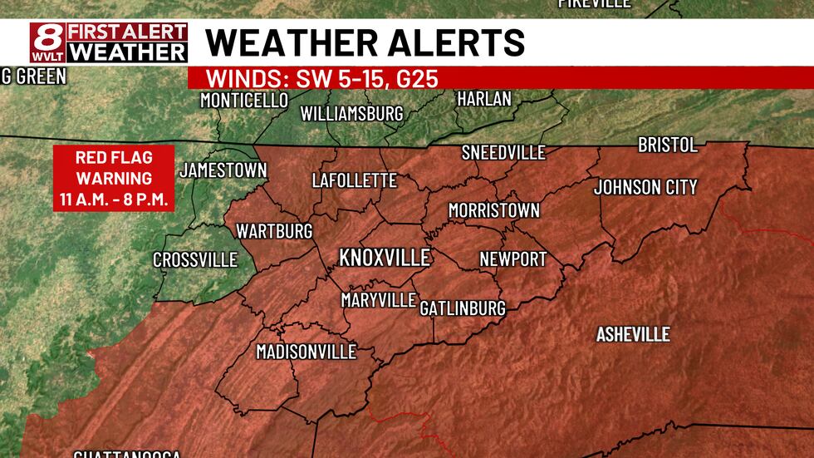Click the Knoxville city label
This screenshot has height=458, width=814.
(385, 257)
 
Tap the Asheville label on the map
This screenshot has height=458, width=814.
(633, 334)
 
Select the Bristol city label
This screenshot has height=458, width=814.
(667, 145)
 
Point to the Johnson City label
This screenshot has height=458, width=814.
(645, 187)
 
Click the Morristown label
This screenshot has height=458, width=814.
(493, 211)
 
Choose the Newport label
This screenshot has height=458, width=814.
(513, 259)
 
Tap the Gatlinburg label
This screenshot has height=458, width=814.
(463, 308)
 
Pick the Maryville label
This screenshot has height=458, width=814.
(378, 300)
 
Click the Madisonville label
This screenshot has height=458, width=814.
(306, 352)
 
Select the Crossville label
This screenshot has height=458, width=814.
(195, 260)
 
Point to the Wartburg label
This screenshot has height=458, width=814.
(274, 230)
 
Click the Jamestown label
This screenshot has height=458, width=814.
(223, 170)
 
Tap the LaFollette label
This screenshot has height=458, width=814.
(354, 180)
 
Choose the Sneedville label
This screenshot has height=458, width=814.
(503, 152)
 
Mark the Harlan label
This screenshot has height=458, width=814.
(484, 99)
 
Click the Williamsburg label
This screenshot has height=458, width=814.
(351, 113)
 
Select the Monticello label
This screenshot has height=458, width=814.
(244, 101)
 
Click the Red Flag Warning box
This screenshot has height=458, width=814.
(114, 178)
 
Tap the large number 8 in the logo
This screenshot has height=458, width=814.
(47, 40)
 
